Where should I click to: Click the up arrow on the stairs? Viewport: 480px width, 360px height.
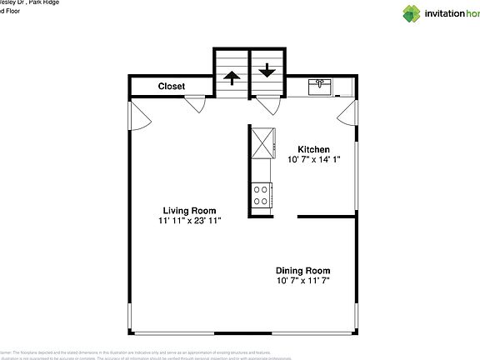tap(230, 80)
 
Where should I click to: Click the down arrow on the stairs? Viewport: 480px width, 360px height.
tap(267, 72)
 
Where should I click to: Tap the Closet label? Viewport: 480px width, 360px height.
tap(172, 86)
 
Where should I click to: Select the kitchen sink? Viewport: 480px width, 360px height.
tap(321, 87)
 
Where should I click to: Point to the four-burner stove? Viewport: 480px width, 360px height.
tap(262, 195)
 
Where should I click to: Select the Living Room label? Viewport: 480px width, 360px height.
tap(189, 210)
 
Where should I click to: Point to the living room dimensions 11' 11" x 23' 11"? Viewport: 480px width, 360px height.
tap(189, 221)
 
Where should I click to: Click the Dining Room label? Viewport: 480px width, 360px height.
tap(303, 270)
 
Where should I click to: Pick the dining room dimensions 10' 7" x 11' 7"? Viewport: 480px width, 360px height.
tap(303, 281)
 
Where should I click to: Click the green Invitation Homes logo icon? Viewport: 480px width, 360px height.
tap(412, 12)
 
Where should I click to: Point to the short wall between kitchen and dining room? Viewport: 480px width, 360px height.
tap(327, 216)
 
